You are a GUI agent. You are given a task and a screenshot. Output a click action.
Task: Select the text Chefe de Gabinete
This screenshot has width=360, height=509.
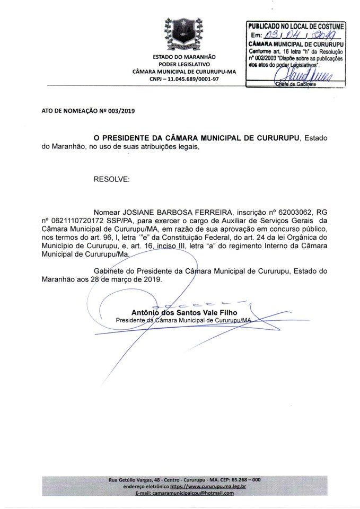(295, 84)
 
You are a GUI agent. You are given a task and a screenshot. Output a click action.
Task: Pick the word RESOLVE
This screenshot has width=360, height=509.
(111, 180)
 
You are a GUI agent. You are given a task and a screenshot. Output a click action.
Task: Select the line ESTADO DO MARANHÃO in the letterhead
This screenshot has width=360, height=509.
(184, 56)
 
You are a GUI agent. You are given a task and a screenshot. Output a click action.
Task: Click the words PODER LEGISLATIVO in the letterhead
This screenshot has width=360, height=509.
(184, 64)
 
